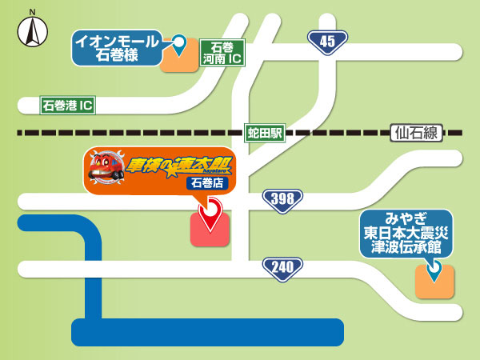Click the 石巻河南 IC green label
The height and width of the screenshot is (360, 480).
pyautogui.click(x=222, y=54)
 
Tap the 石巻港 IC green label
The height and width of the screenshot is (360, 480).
pyautogui.click(x=68, y=105)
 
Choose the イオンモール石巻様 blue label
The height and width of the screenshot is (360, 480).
pyautogui.click(x=116, y=47)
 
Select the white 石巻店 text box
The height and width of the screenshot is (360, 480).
pyautogui.click(x=207, y=183)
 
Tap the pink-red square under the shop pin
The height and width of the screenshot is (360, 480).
pyautogui.click(x=210, y=232)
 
